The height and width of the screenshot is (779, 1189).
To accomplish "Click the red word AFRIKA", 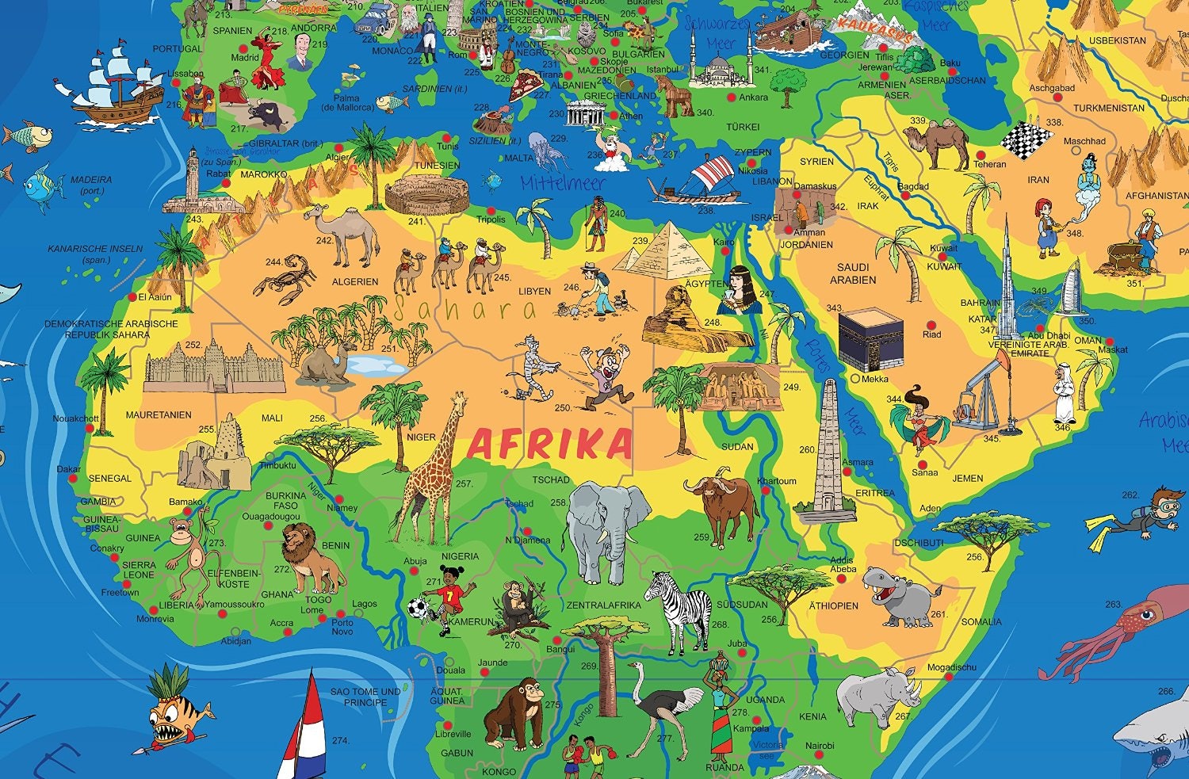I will (x=549, y=444).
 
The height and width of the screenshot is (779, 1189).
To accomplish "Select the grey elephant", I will (x=602, y=527).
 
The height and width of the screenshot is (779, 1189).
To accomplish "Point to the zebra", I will (x=680, y=610).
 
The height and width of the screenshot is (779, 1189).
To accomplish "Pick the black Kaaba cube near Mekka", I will (x=871, y=338).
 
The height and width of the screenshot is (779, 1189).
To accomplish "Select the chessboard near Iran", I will (x=1025, y=140).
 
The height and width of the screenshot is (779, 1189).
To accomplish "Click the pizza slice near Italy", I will (x=524, y=85).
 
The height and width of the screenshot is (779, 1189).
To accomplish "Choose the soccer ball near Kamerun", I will (x=417, y=609).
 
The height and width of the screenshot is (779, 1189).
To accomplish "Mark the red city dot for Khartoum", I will (x=766, y=491).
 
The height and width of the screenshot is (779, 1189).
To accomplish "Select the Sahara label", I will (x=464, y=309).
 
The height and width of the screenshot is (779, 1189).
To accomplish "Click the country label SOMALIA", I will (x=981, y=622).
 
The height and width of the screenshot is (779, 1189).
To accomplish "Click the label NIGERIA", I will (x=460, y=556).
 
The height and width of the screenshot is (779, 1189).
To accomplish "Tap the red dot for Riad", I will (x=931, y=324).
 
